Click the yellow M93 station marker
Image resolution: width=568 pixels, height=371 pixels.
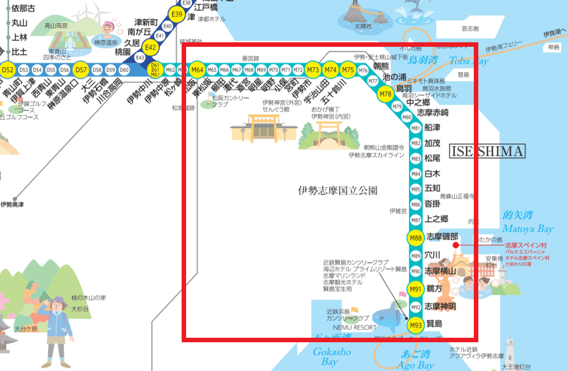(x=416, y=325)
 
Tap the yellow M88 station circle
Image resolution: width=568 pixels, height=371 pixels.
(x=416, y=238)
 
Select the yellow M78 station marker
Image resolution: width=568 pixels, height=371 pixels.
(x=385, y=94)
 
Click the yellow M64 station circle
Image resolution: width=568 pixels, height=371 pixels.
(x=197, y=69)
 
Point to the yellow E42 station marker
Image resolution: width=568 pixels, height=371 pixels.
(x=150, y=47)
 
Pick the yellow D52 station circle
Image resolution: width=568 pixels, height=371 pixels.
(x=8, y=69)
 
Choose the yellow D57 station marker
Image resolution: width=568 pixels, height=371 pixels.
(x=81, y=69)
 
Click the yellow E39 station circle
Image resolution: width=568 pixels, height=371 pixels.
(x=177, y=15)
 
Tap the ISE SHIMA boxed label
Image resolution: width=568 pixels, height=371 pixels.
(x=487, y=151)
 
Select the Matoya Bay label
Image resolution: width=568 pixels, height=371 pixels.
(x=529, y=229)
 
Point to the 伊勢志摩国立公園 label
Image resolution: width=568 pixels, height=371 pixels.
(x=337, y=190)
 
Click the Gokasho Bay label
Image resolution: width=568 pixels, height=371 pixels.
(x=332, y=356)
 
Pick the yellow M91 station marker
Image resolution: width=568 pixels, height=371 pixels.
(x=416, y=290)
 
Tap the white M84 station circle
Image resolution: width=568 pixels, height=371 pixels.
(x=416, y=174)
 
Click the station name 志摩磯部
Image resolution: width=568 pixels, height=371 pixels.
(x=442, y=237)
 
